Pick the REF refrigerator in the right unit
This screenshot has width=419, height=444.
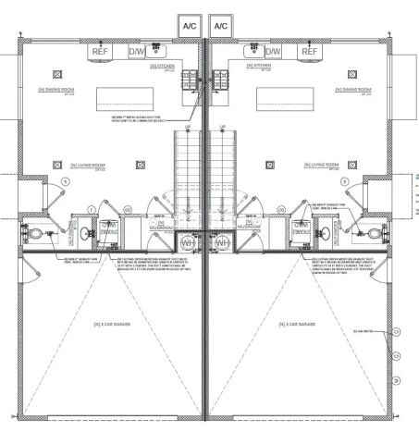tap(309, 51)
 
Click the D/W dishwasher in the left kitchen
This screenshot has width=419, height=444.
tap(136, 51)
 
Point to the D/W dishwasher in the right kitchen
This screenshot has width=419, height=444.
tap(276, 51)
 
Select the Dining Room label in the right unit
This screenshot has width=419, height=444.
tap(354, 90)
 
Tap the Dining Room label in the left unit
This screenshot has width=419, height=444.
tap(55, 90)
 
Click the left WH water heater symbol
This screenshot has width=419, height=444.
tap(188, 241)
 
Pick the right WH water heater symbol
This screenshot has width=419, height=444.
tap(223, 241)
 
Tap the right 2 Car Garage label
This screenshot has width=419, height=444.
tap(302, 325)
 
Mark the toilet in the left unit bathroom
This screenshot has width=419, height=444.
tap(31, 234)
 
